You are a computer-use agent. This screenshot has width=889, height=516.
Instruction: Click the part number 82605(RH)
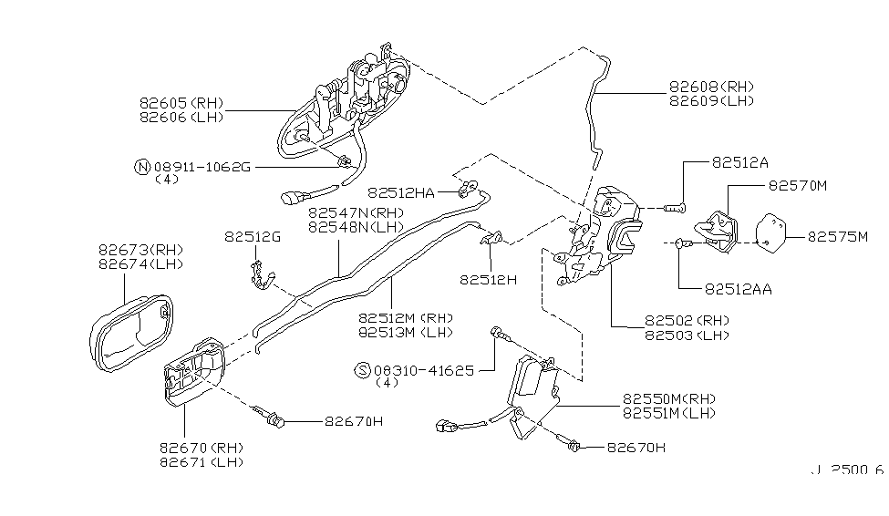tap(181, 103)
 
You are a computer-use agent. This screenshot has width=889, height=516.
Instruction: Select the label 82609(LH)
tap(711, 101)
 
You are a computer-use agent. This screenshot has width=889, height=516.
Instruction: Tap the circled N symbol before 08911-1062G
tap(141, 167)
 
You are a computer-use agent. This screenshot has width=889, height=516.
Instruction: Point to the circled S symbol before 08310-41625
tap(362, 370)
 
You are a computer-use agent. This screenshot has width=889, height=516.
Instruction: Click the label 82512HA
tap(401, 192)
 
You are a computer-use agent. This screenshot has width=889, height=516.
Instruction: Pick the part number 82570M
tap(798, 185)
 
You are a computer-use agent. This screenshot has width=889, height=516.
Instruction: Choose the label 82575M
tap(837, 236)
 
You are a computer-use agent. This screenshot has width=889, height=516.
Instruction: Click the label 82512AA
tap(739, 289)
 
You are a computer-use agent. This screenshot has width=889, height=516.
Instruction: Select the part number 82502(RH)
tap(687, 320)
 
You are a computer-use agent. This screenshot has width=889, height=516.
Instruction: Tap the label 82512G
tap(253, 236)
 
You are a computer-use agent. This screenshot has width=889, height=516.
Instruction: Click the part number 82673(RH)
tap(140, 250)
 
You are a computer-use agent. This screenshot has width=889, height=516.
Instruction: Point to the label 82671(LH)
tap(202, 462)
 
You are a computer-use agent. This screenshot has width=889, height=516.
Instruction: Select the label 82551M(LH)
tap(669, 413)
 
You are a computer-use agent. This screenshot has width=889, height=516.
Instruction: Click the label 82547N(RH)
tap(356, 212)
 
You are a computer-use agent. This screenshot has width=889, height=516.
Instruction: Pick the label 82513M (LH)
tap(406, 332)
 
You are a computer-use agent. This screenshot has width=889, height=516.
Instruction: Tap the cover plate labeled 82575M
tap(771, 233)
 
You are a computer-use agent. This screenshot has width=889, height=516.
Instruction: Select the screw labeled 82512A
tap(675, 209)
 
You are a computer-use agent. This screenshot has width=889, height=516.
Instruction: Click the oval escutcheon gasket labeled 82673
tap(131, 334)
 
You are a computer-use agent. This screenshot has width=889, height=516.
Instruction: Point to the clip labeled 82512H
tap(491, 238)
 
